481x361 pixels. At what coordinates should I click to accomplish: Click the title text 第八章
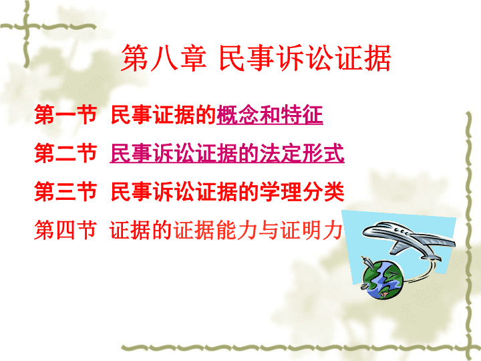(164, 58)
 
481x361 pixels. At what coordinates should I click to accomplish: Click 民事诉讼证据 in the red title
(305, 58)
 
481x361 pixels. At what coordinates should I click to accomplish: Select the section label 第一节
(65, 115)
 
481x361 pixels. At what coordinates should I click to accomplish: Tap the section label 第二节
(65, 153)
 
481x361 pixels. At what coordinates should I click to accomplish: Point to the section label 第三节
(65, 192)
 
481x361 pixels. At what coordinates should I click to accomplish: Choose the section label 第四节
(65, 230)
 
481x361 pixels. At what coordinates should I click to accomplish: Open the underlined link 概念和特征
(270, 115)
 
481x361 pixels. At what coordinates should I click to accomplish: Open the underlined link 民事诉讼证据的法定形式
(227, 153)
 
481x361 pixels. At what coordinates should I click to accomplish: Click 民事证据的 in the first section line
(164, 115)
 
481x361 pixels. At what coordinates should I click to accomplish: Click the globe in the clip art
(383, 279)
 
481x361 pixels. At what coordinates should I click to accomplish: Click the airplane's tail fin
(398, 247)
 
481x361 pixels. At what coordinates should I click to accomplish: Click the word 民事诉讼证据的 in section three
(185, 192)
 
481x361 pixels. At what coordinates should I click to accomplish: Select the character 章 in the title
(193, 58)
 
